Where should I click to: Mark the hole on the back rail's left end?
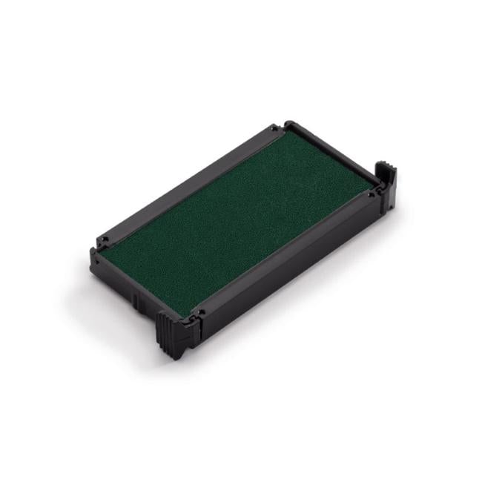click(x=105, y=239)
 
